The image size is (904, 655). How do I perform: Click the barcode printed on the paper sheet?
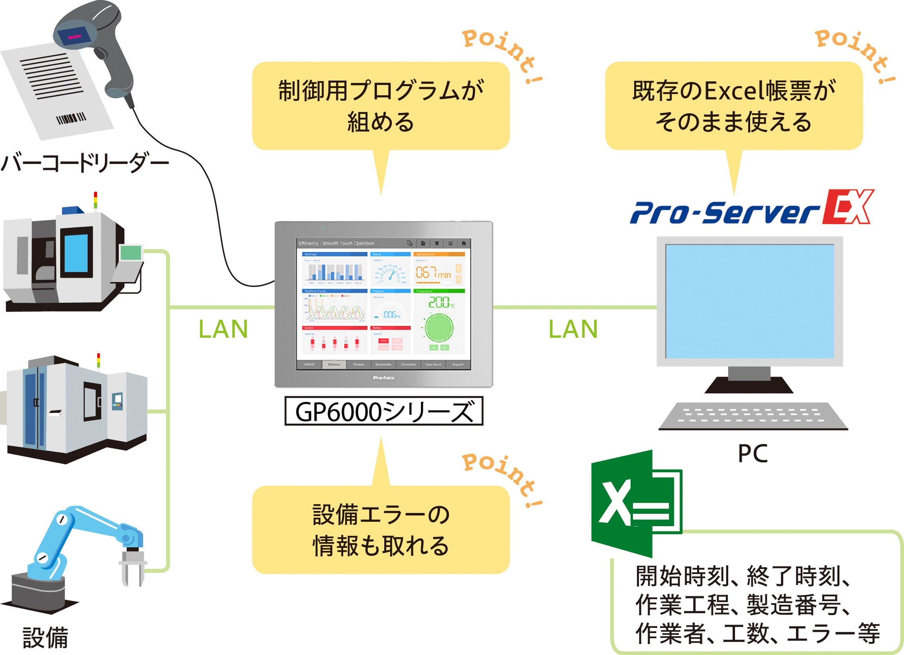tap(71, 118)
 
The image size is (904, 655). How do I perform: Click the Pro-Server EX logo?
tap(752, 208)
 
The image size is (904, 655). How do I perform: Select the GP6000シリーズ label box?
tap(383, 411)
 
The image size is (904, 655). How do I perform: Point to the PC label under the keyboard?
tap(753, 454)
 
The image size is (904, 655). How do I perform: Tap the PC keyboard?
tap(753, 416)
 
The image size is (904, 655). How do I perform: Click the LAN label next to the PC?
tap(573, 329)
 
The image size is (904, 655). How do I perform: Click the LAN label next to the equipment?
tap(223, 329)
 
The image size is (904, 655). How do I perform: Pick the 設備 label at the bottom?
tap(45, 637)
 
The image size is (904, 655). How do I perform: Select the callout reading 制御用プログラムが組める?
tap(381, 106)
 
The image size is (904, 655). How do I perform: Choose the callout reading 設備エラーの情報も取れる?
tap(381, 530)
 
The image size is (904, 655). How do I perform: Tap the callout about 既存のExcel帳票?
tap(733, 106)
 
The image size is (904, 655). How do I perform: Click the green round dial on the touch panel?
tap(439, 327)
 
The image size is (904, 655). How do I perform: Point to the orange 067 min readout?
tap(433, 273)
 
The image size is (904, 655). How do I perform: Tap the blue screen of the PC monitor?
tap(749, 301)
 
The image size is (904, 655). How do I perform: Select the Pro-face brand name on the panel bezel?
tap(383, 378)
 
